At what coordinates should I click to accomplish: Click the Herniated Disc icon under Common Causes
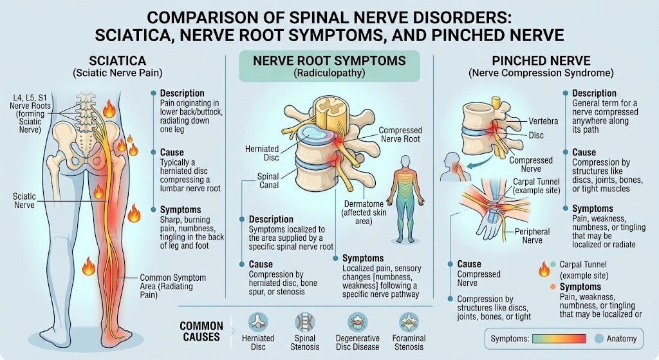258,323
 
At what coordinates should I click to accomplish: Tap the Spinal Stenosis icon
304,323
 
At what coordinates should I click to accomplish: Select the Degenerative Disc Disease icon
357,323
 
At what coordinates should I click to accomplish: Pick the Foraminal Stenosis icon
409,323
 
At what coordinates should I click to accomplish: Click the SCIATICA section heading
118,61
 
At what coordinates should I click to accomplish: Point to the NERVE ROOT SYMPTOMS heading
329,61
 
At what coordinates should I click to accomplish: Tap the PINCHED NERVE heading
541,61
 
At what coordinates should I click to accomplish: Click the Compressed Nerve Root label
400,135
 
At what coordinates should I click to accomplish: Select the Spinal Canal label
268,181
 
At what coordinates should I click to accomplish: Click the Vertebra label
543,121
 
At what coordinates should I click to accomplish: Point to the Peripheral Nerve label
532,236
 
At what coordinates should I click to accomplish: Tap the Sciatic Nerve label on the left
24,200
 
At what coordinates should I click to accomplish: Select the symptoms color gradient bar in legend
559,339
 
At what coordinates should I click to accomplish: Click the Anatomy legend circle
599,339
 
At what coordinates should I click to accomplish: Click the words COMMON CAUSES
201,332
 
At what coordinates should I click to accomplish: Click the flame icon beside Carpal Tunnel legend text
544,269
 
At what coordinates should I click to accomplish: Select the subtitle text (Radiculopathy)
329,73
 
